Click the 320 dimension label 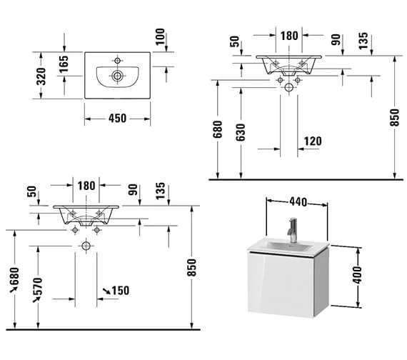(41, 74)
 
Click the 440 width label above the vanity (298, 202)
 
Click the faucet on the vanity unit (291, 229)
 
